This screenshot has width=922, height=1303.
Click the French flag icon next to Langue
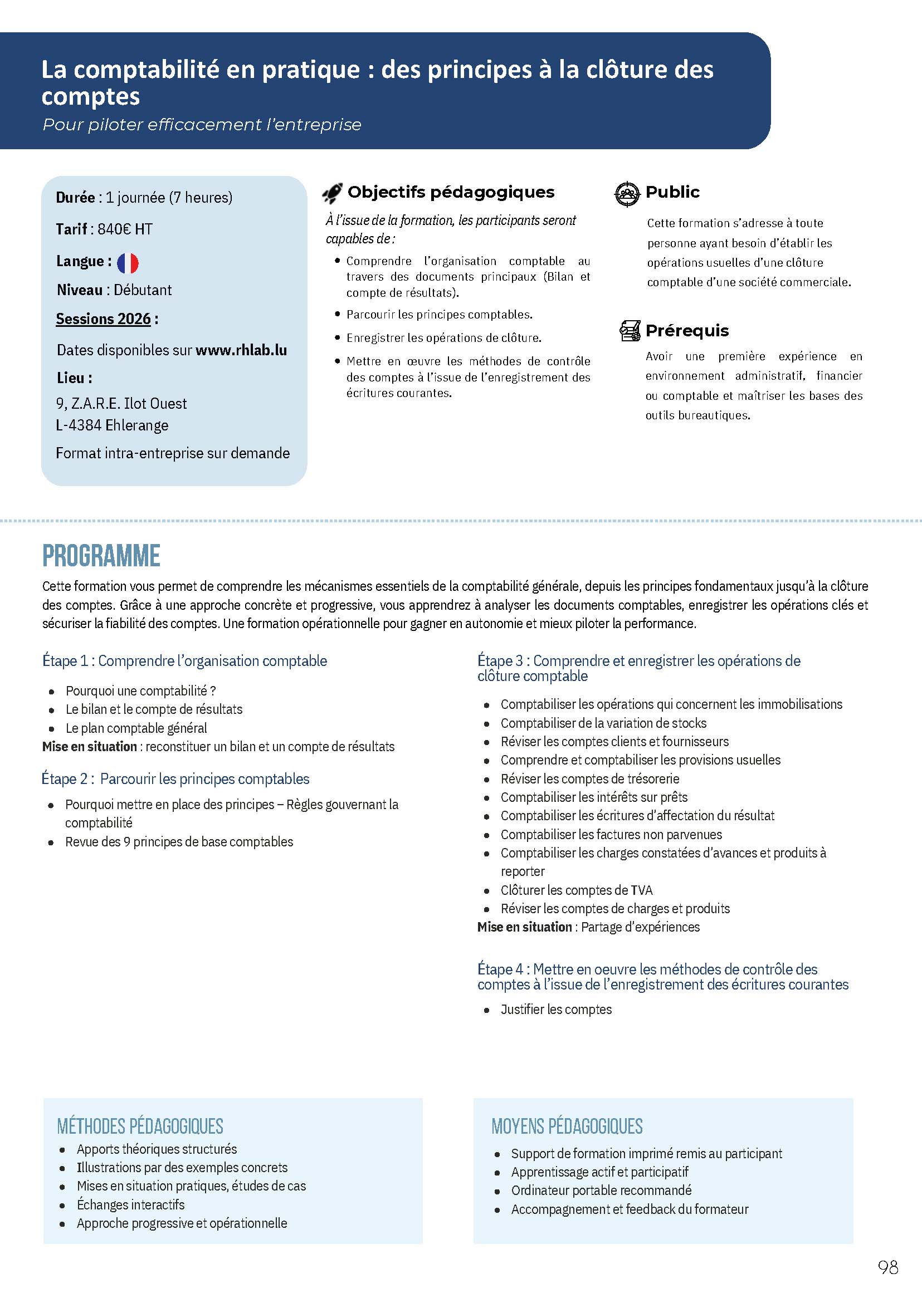click(128, 263)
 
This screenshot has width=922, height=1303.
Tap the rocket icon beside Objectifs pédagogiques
click(332, 193)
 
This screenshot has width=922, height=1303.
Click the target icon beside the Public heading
click(627, 194)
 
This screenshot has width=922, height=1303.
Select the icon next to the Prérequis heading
click(630, 330)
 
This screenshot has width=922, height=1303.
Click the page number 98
click(888, 1283)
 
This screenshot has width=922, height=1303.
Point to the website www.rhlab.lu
click(241, 350)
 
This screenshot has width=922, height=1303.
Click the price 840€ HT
click(125, 229)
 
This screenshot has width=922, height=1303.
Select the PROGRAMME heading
click(101, 556)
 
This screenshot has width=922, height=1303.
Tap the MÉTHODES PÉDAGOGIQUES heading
click(140, 1126)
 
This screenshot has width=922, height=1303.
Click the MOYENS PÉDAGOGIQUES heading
click(567, 1126)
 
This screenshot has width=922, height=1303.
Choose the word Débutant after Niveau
click(143, 290)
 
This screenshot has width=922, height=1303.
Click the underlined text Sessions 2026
click(103, 319)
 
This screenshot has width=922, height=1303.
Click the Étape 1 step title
click(184, 660)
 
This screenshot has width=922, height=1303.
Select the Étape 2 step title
click(175, 778)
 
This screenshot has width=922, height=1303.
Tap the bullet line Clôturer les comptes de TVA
click(576, 890)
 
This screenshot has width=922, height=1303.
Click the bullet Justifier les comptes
click(556, 1009)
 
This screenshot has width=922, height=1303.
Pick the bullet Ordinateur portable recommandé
click(601, 1190)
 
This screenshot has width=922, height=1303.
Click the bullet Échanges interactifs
click(130, 1204)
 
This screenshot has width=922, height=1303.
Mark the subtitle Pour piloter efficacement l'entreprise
click(202, 125)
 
